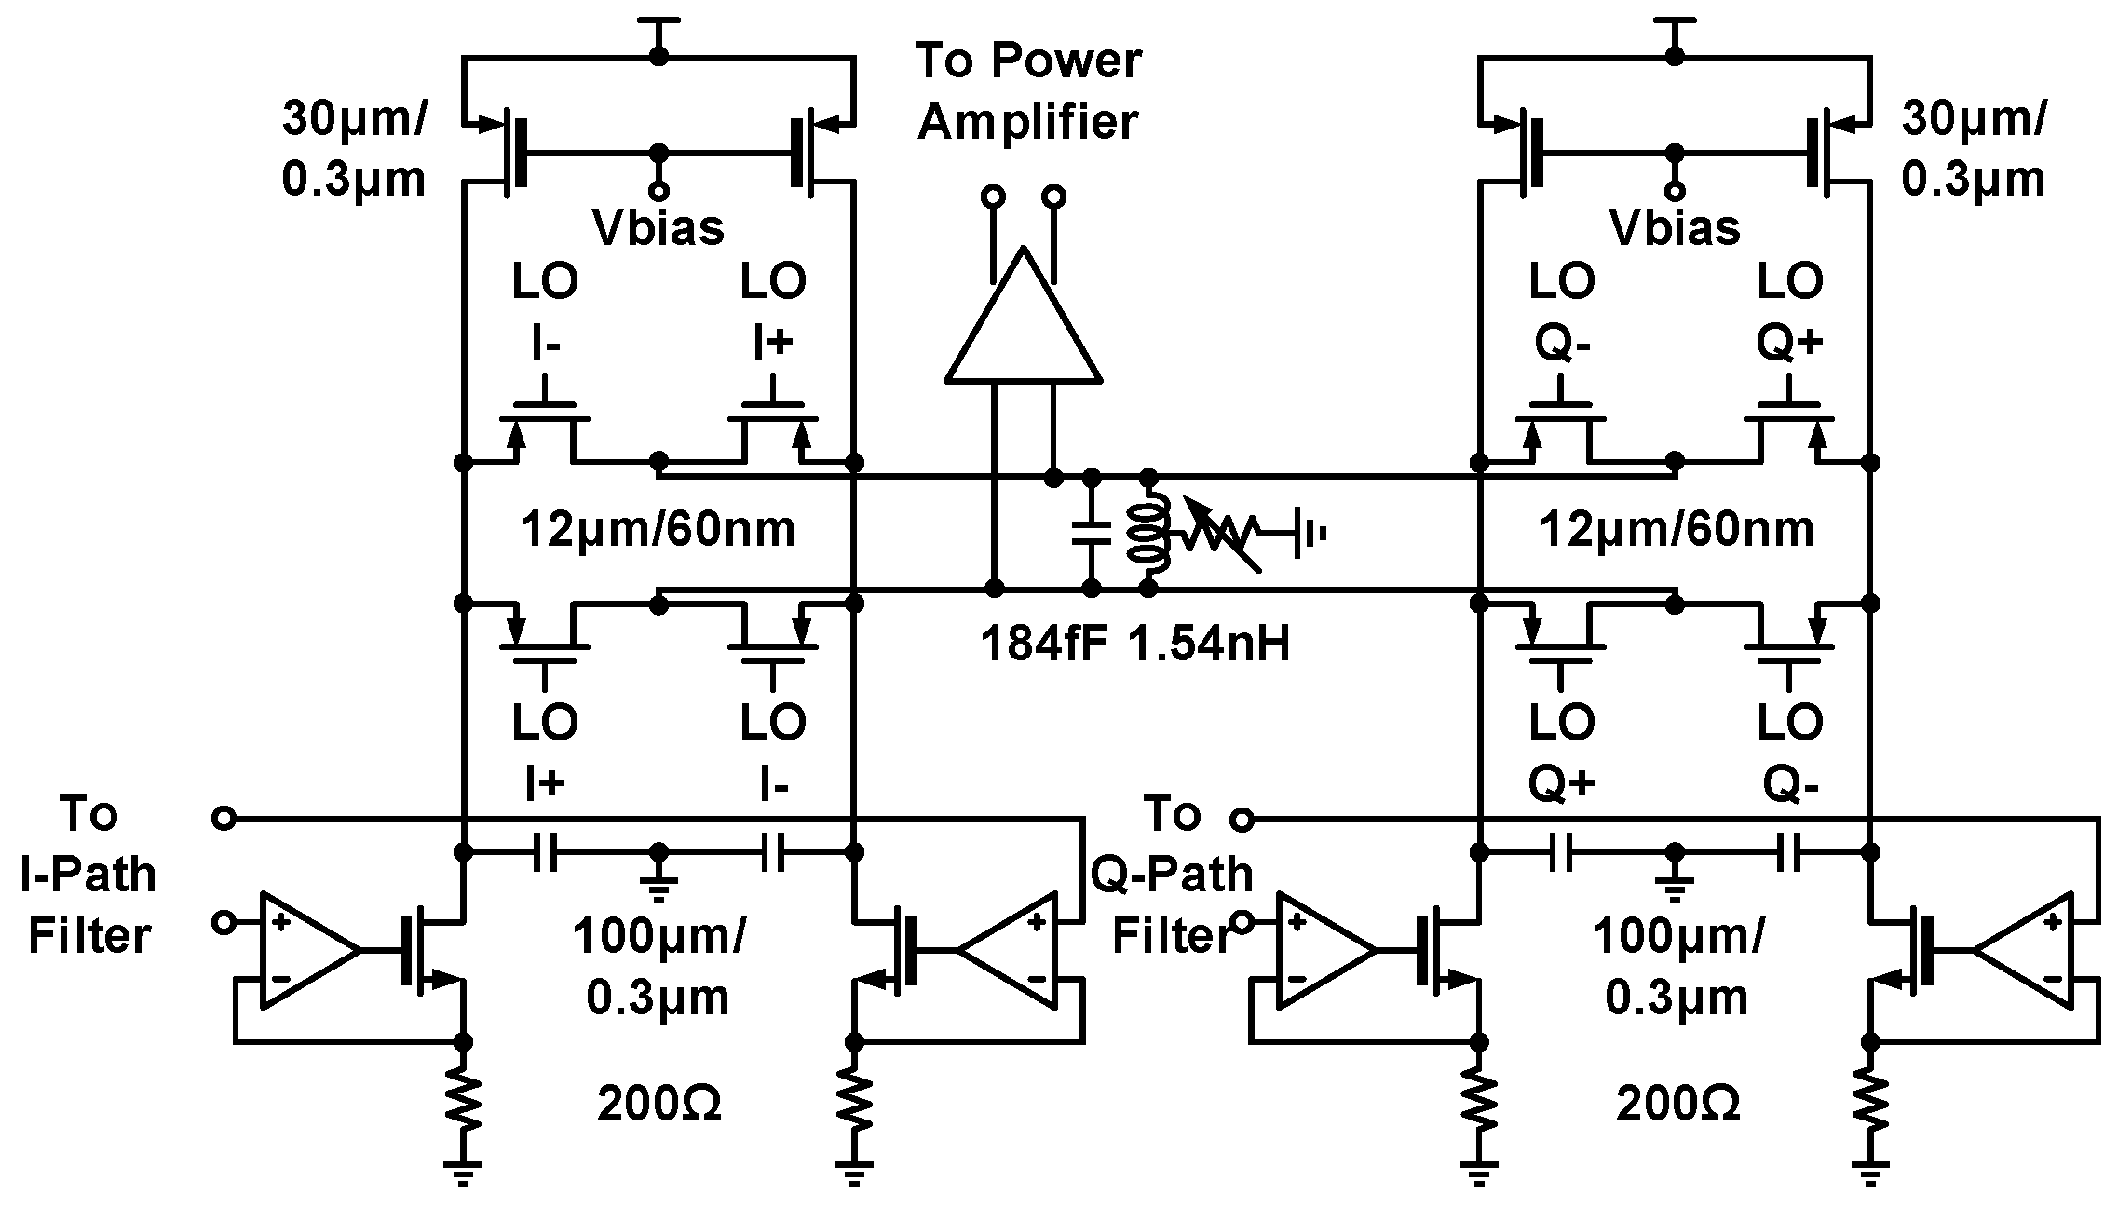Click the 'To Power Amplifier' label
pyautogui.click(x=1028, y=91)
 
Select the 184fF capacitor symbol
pyautogui.click(x=1092, y=533)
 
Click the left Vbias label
pyautogui.click(x=658, y=227)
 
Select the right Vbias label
pyautogui.click(x=1675, y=227)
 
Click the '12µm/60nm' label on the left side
pyautogui.click(x=658, y=530)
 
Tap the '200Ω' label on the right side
pyautogui.click(x=1677, y=1105)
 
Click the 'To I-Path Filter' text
pyautogui.click(x=88, y=875)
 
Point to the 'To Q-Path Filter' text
pyautogui.click(x=1172, y=875)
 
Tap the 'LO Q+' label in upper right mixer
pyautogui.click(x=1789, y=312)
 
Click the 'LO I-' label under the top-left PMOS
pyautogui.click(x=545, y=312)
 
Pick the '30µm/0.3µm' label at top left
pyautogui.click(x=354, y=149)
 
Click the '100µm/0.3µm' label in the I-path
pyautogui.click(x=658, y=966)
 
